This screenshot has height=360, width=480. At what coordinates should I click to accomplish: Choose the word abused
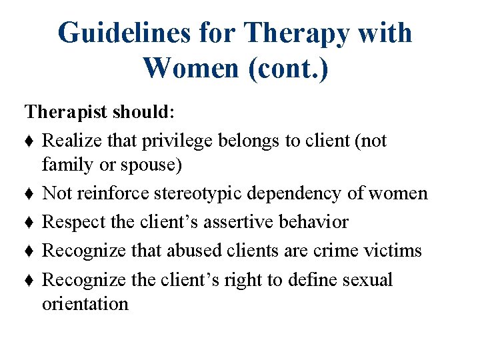(195, 250)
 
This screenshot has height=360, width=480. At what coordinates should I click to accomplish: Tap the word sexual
(367, 279)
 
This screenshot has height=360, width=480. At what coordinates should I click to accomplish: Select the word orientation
(85, 304)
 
